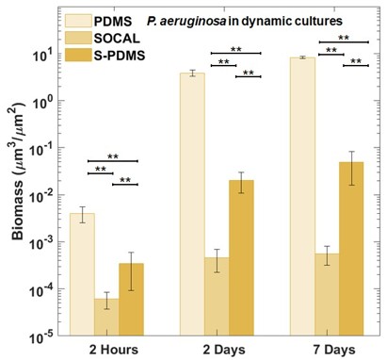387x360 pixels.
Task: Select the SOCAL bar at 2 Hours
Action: pos(106,317)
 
